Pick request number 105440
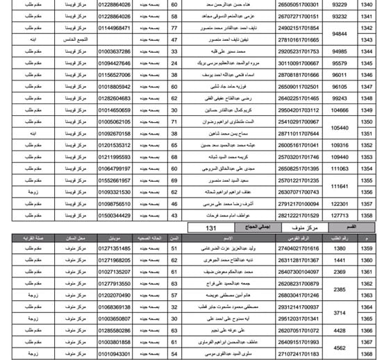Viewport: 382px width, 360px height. point(340,128)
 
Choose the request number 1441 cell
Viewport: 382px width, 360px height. point(340,261)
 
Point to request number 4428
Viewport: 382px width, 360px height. point(340,331)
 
